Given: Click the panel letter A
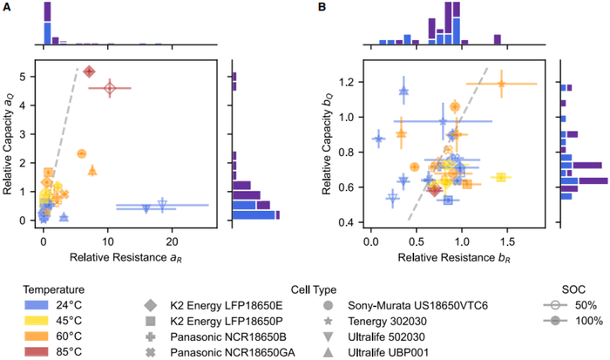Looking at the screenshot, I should (6, 6).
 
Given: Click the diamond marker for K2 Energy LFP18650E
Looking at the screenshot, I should (151, 306).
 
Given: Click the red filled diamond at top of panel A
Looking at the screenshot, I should (89, 71).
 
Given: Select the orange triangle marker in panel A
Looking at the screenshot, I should (93, 170).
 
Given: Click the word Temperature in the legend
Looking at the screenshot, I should (45, 289).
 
